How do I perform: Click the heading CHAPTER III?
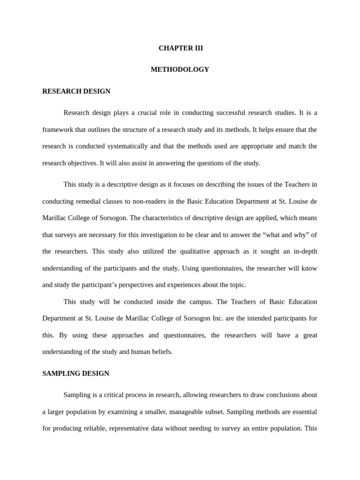click(x=180, y=48)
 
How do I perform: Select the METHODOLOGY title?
click(x=180, y=69)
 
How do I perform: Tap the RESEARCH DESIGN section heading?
click(x=76, y=91)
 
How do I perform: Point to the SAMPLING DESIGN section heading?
click(x=76, y=374)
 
